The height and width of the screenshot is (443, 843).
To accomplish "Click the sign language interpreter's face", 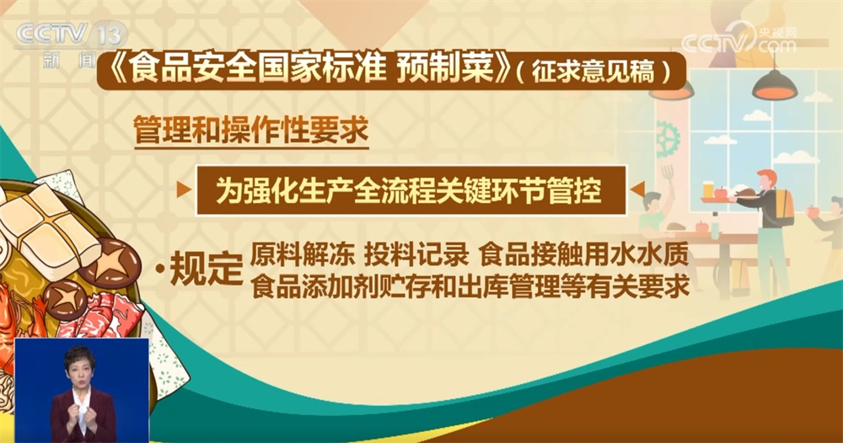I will click(x=80, y=371).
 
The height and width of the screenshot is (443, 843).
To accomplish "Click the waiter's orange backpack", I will click(x=783, y=206).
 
